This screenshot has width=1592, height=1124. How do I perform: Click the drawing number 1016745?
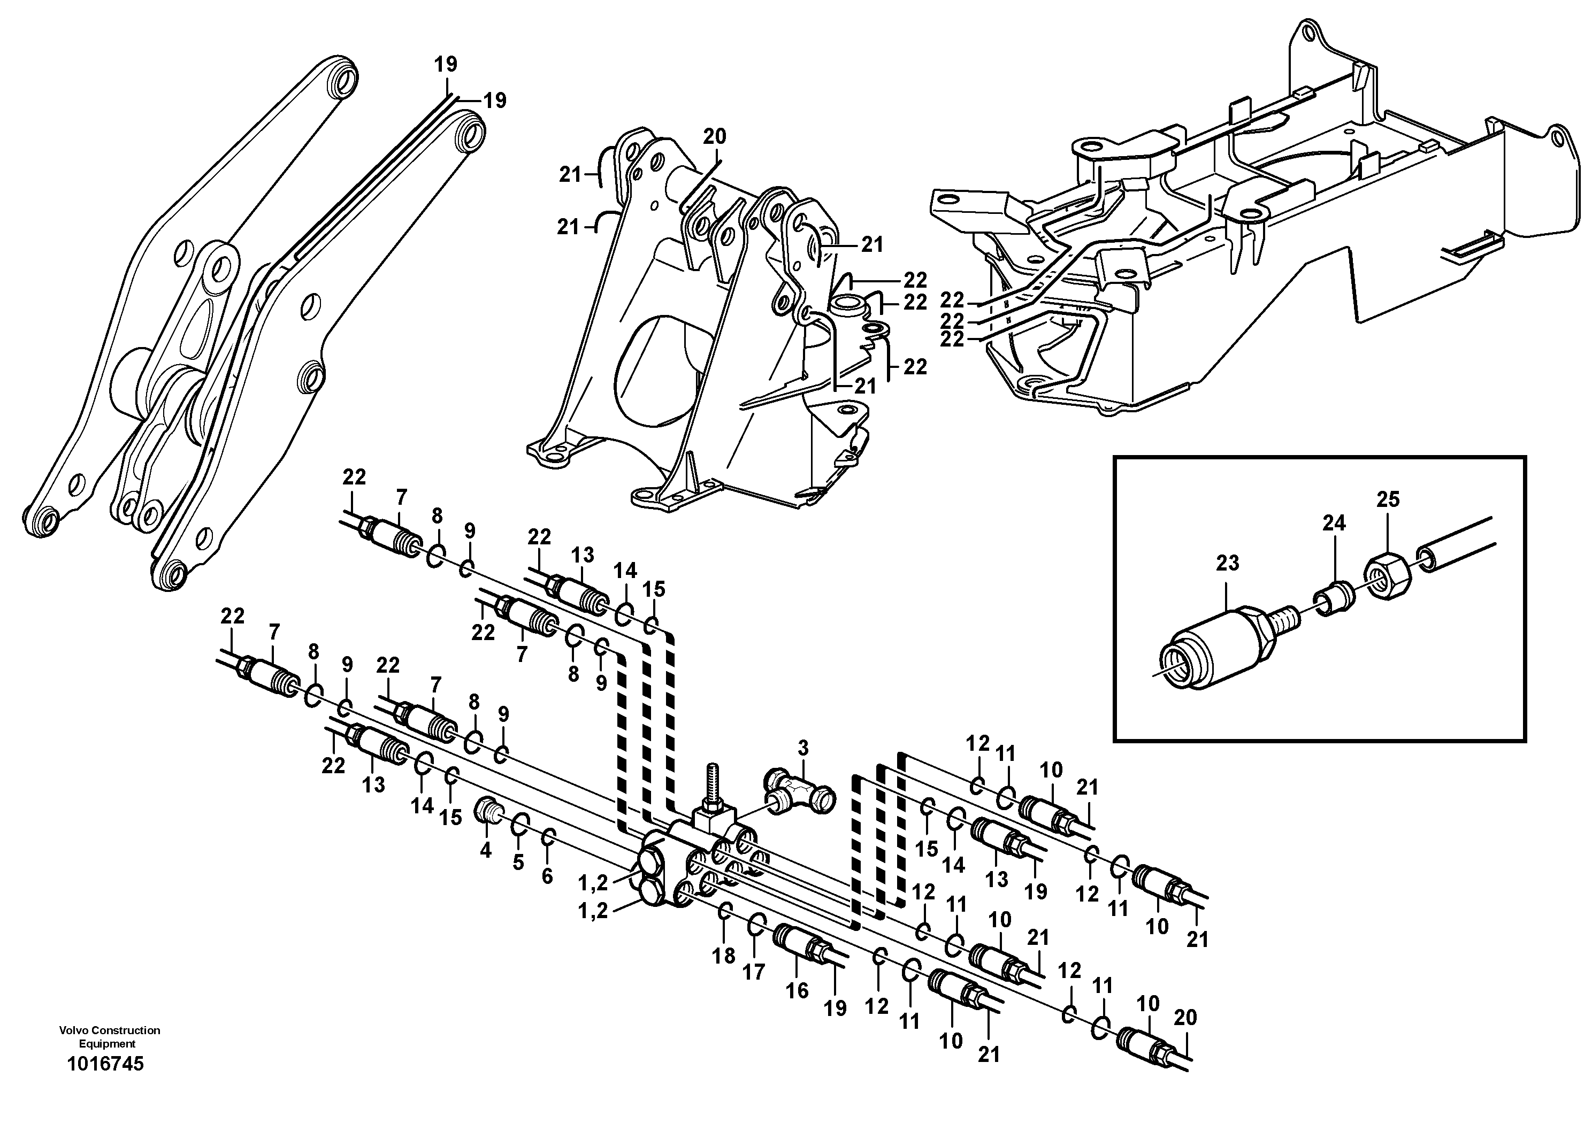tap(105, 1064)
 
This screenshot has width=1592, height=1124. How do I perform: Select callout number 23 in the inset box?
tap(1227, 563)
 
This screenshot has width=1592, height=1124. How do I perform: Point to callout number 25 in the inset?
tap(1388, 499)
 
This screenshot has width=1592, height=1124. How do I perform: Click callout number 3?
tap(803, 749)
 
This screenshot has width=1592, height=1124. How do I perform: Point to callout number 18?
tap(723, 956)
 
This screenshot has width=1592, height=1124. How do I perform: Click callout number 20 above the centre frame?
tap(714, 136)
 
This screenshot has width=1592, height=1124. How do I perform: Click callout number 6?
tap(547, 876)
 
